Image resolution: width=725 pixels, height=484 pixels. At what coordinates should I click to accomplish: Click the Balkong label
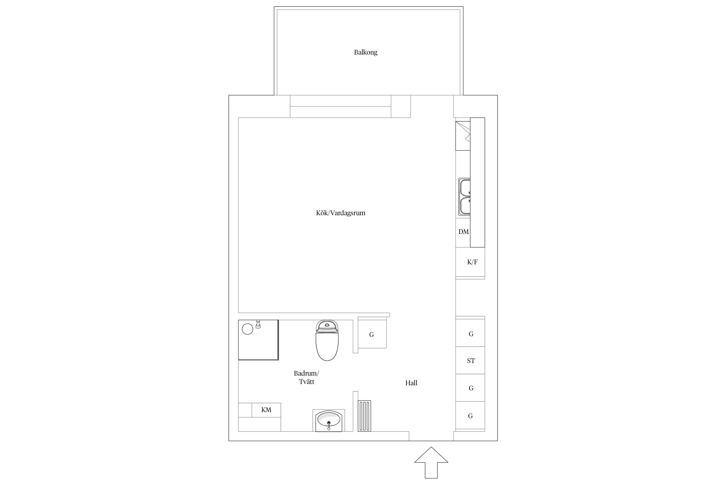(365, 52)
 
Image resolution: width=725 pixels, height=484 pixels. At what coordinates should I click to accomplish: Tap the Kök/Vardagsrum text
(341, 213)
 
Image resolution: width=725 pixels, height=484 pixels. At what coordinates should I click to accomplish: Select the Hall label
(411, 383)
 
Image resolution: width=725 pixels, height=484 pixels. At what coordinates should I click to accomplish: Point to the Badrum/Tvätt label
(306, 378)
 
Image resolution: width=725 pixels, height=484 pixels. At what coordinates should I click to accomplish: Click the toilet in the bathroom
(327, 340)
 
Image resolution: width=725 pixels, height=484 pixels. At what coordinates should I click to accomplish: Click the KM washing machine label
(266, 410)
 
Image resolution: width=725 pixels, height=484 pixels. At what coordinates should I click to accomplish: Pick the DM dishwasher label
(463, 232)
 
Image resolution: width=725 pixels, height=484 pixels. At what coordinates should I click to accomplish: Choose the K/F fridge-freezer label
(472, 262)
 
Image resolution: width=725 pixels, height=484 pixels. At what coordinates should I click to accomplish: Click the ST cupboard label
(471, 361)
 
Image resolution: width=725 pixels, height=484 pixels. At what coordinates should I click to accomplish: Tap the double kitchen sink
(465, 197)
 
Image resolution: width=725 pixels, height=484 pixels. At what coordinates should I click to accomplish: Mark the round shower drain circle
(247, 329)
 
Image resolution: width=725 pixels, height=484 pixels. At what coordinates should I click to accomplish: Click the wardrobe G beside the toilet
(372, 335)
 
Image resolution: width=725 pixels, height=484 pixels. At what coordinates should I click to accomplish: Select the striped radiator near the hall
(364, 416)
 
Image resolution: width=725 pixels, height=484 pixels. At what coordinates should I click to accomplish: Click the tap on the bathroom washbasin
(329, 426)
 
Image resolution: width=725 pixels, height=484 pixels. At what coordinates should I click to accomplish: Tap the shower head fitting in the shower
(258, 324)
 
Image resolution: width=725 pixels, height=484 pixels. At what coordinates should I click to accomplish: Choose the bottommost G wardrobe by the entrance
(470, 416)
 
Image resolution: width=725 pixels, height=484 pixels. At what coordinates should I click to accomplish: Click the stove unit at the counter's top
(463, 136)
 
